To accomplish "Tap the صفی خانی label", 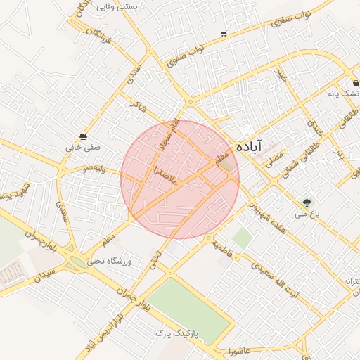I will tap(84, 148).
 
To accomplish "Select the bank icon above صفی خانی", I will tap(84, 136).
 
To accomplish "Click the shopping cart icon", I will tap(224, 33).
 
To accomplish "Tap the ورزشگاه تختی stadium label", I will tap(110, 260).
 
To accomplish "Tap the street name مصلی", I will tap(271, 157).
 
